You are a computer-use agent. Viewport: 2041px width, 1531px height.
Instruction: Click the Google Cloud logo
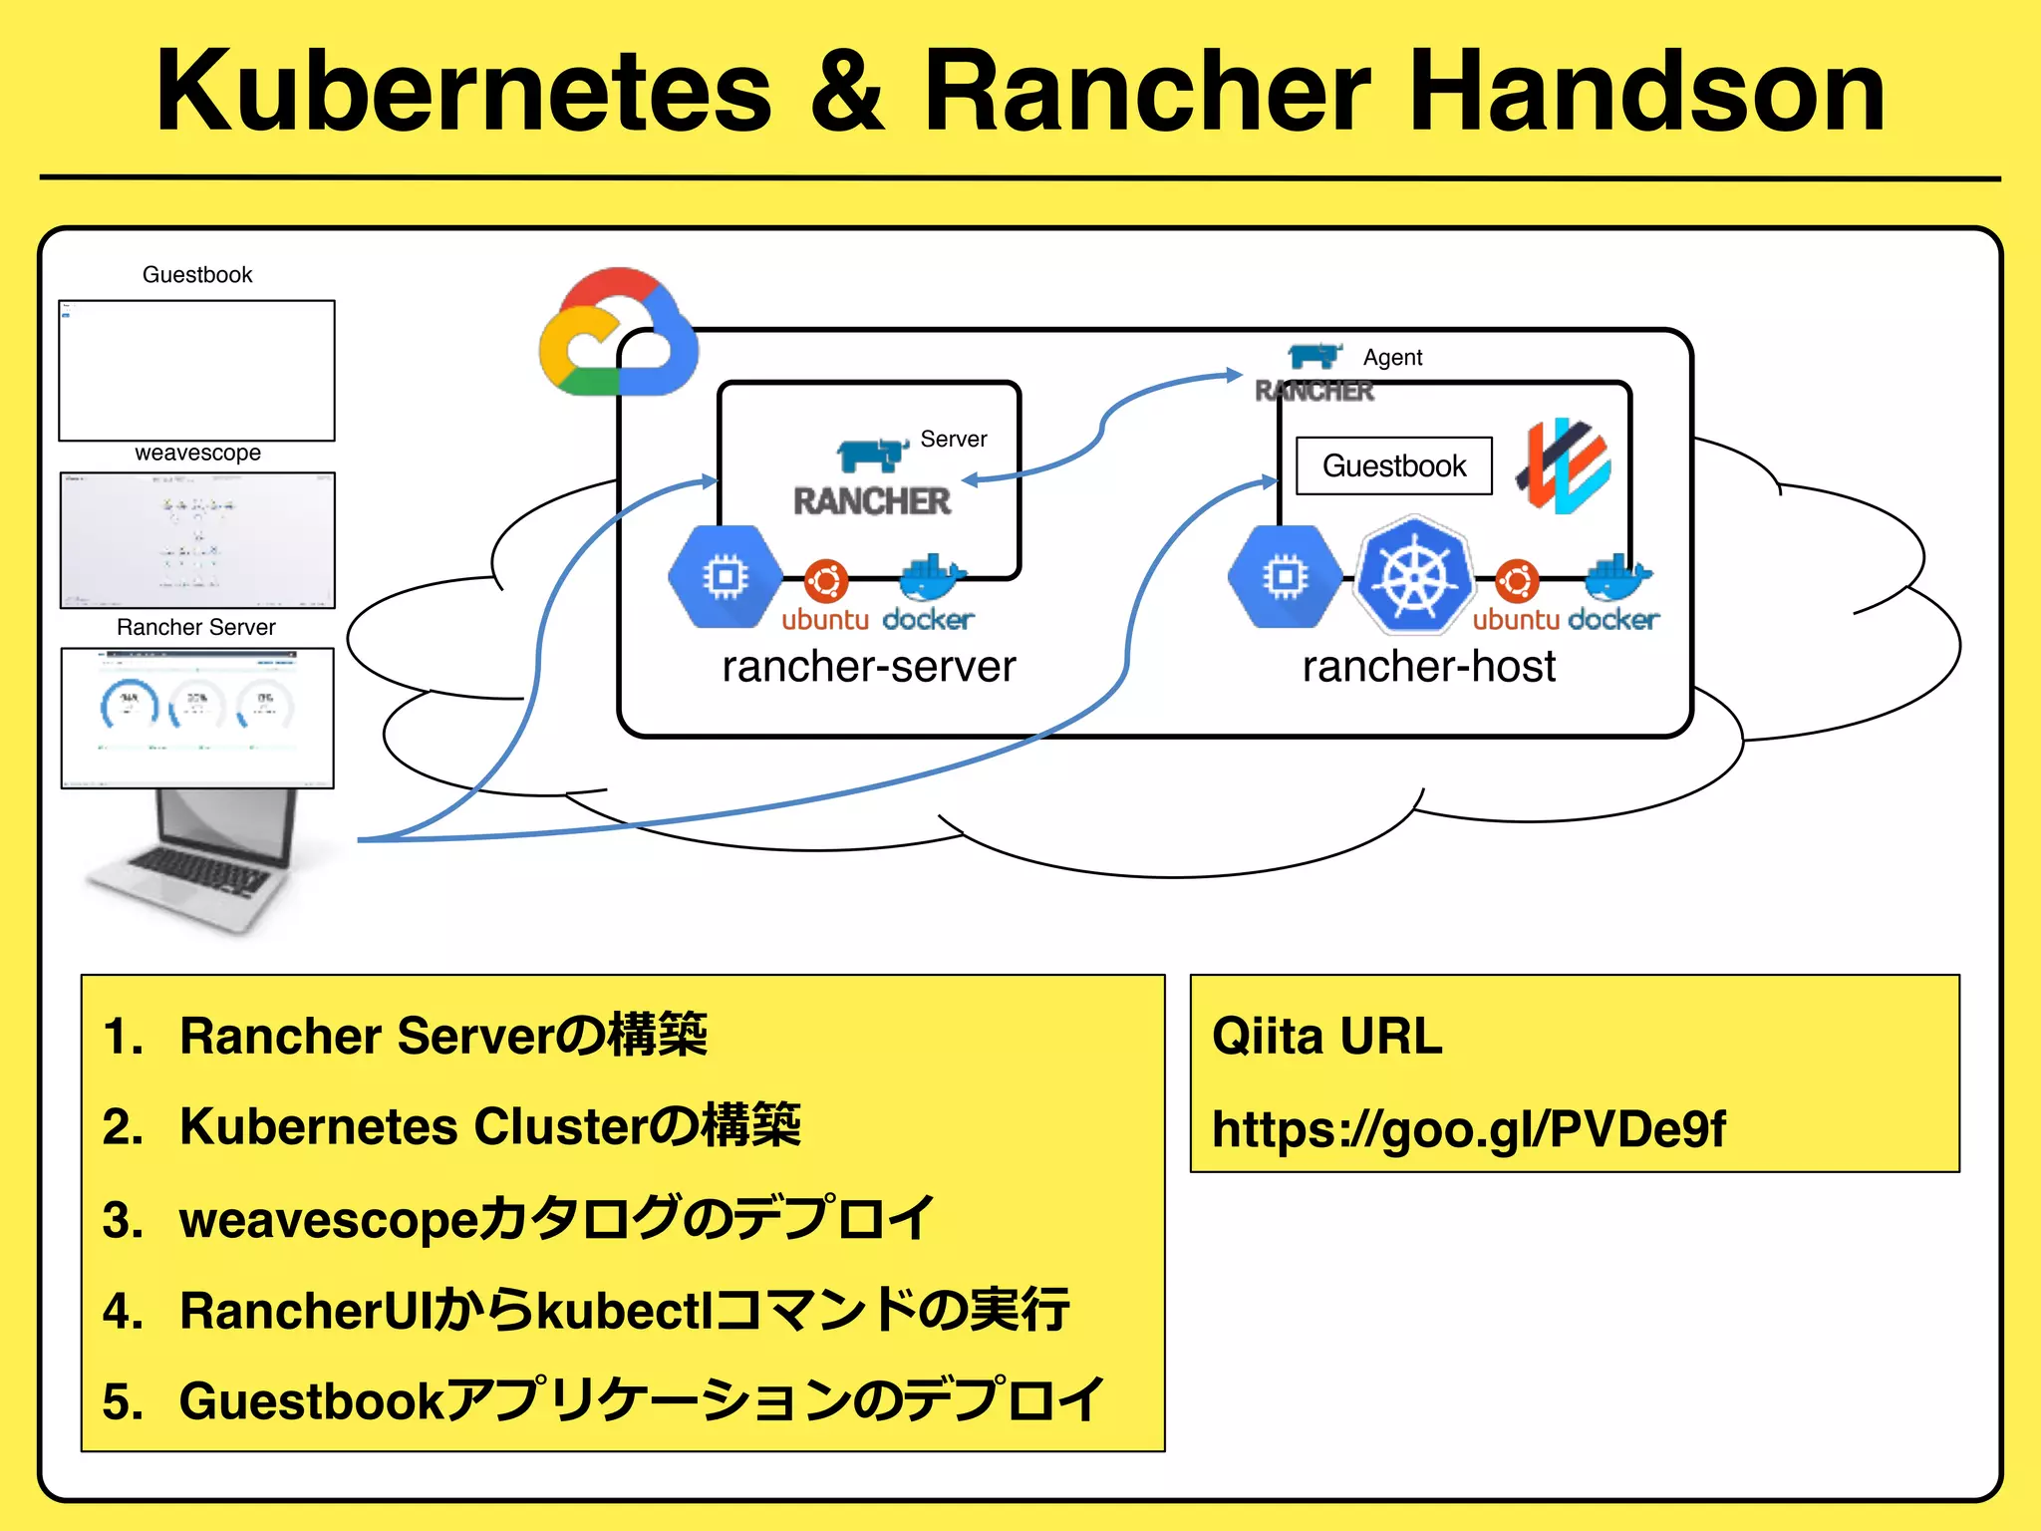pos(618,334)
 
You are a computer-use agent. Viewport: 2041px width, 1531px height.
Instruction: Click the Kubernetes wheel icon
pos(1412,576)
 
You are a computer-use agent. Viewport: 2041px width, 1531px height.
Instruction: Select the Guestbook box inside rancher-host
pos(1393,465)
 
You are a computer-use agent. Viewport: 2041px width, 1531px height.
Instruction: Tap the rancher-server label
pos(868,666)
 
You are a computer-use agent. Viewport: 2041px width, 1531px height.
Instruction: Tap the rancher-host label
pos(1428,666)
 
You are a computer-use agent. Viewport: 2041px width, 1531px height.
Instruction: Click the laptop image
pos(199,862)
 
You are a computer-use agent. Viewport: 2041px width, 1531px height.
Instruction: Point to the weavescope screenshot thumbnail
pos(197,540)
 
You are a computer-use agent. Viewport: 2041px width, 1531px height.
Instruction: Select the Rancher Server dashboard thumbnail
pos(197,718)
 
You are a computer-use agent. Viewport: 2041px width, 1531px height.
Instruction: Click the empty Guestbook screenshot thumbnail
pos(197,370)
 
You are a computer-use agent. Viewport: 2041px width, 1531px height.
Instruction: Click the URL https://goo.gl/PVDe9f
pos(1468,1129)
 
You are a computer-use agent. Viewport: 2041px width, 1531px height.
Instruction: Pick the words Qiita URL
pos(1326,1037)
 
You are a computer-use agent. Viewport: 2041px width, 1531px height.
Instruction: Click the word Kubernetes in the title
pos(463,92)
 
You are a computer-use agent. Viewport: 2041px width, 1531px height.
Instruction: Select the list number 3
pos(123,1220)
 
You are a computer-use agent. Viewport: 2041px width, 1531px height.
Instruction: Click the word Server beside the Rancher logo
pos(953,439)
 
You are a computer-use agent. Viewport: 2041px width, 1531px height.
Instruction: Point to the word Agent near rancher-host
pos(1392,357)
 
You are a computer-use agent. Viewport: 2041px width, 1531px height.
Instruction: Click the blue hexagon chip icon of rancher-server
pos(725,576)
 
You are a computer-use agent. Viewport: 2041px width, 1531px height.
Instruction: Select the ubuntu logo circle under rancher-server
pos(826,580)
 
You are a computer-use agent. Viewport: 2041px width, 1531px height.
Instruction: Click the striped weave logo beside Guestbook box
pos(1564,465)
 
